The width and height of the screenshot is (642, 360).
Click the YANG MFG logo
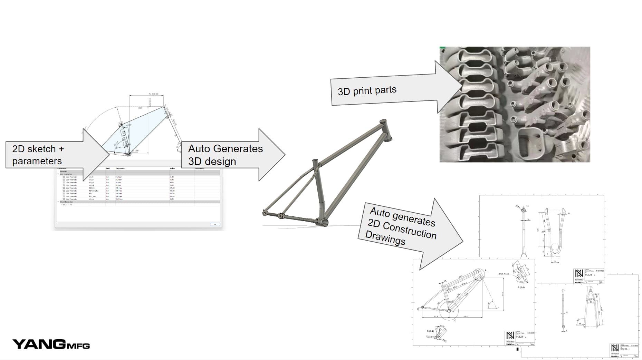point(51,344)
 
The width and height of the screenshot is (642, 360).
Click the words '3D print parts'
point(367,91)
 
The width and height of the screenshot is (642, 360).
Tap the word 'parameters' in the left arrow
point(37,161)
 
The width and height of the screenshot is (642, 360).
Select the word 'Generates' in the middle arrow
point(238,149)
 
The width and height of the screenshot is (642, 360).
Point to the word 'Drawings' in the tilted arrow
point(385,238)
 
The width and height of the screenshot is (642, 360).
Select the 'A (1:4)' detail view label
point(521,287)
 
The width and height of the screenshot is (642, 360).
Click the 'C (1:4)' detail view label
point(430,331)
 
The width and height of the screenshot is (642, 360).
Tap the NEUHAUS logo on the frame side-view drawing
point(510,336)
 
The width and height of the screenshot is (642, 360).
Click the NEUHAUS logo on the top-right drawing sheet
point(579,274)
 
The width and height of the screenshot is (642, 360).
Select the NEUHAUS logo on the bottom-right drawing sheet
point(615,348)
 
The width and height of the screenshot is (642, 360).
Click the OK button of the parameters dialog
point(215,224)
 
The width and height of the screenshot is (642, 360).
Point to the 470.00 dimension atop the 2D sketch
point(153,94)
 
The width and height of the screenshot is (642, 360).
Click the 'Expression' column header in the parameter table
point(121,168)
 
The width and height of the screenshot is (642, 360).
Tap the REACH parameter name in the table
point(92,188)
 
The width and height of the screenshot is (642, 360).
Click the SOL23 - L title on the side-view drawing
point(521,337)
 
